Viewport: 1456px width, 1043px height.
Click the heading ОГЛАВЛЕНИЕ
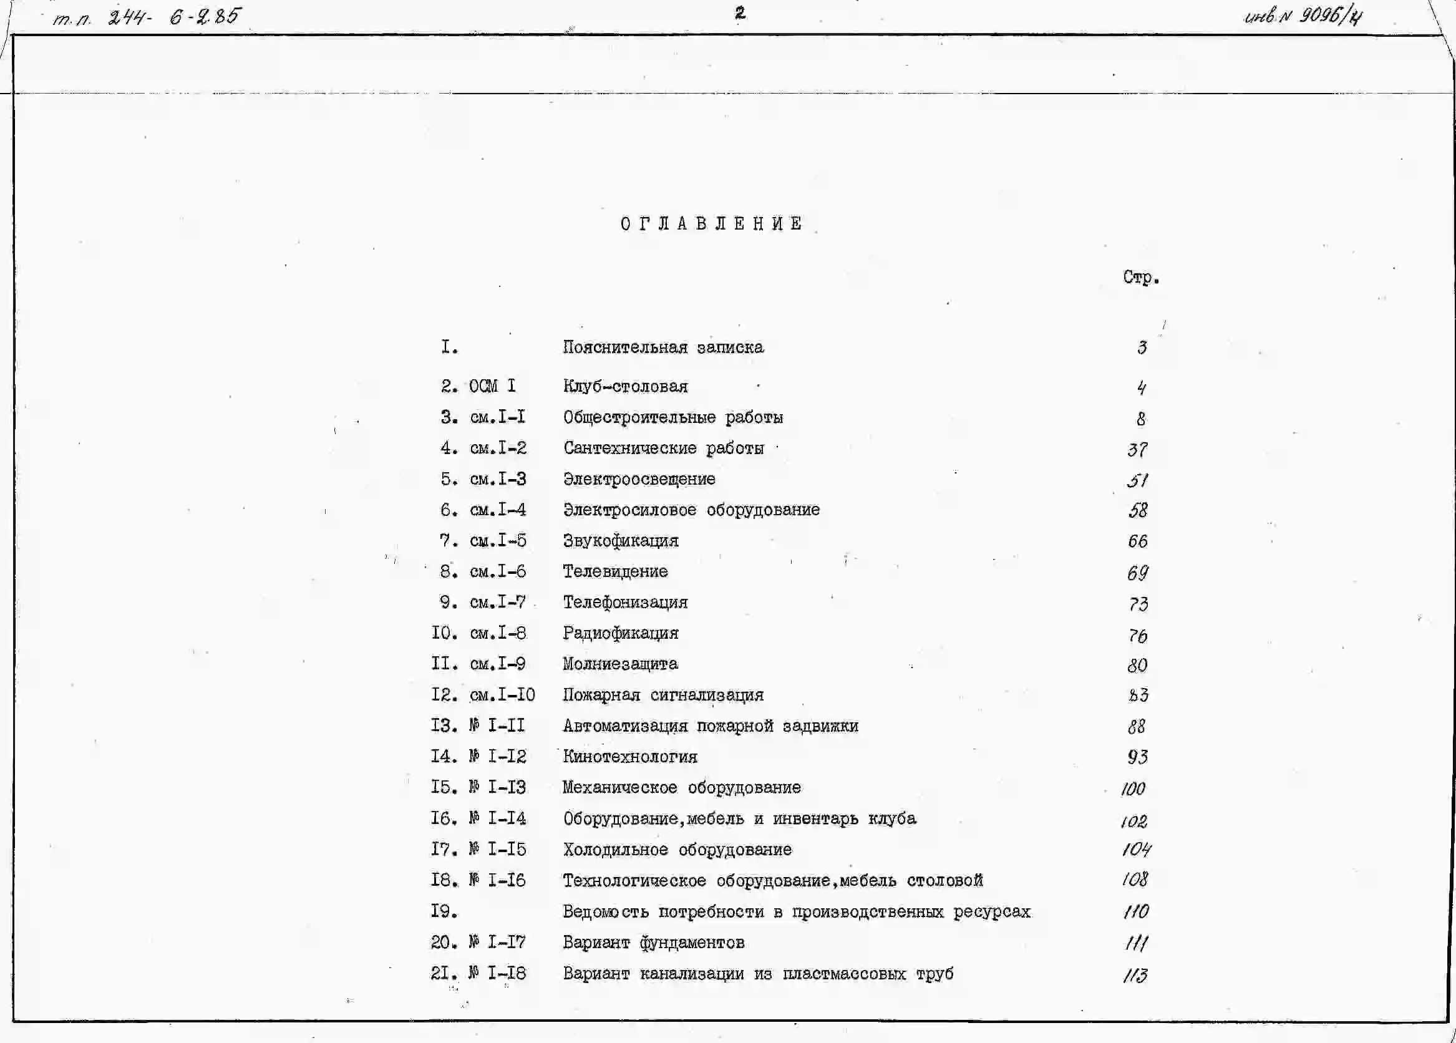pyautogui.click(x=711, y=224)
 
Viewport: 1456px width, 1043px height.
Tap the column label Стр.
pyautogui.click(x=1141, y=277)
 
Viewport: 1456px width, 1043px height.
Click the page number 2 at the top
pyautogui.click(x=740, y=13)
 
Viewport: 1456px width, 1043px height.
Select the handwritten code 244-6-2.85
pyautogui.click(x=174, y=16)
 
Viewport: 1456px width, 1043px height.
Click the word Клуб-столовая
pyautogui.click(x=625, y=386)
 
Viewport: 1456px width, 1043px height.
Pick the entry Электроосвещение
pyautogui.click(x=639, y=479)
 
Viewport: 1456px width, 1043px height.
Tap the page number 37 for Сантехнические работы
pyautogui.click(x=1137, y=449)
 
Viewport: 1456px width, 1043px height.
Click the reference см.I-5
pyautogui.click(x=498, y=540)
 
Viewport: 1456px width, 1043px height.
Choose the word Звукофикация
pyautogui.click(x=620, y=540)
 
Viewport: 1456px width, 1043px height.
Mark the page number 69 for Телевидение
pyautogui.click(x=1138, y=572)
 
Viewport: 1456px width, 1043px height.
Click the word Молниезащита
pyautogui.click(x=620, y=664)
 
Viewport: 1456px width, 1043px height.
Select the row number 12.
pyautogui.click(x=444, y=694)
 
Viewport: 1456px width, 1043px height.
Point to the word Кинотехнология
pyautogui.click(x=630, y=757)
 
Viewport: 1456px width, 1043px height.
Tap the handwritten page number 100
pyautogui.click(x=1133, y=788)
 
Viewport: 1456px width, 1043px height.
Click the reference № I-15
pyautogui.click(x=498, y=849)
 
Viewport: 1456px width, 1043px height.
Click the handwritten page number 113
pyautogui.click(x=1135, y=976)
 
